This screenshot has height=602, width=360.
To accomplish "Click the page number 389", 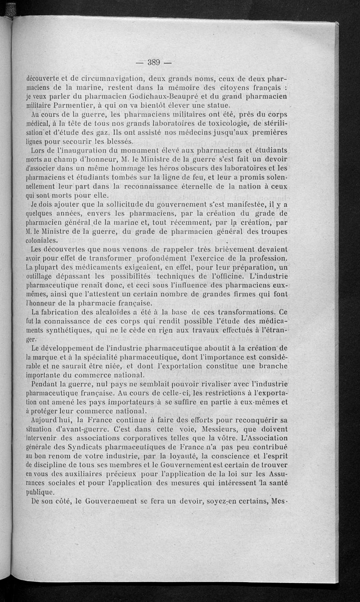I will (x=155, y=62).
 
